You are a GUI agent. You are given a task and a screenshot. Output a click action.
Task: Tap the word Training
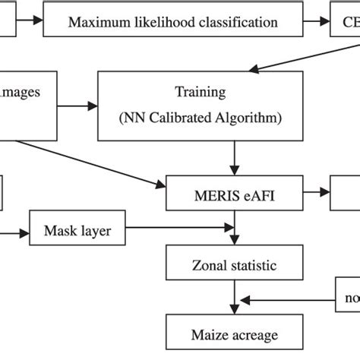click(201, 93)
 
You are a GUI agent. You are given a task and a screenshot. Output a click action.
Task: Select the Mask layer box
click(77, 231)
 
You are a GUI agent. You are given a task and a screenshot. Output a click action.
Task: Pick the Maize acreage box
click(233, 335)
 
